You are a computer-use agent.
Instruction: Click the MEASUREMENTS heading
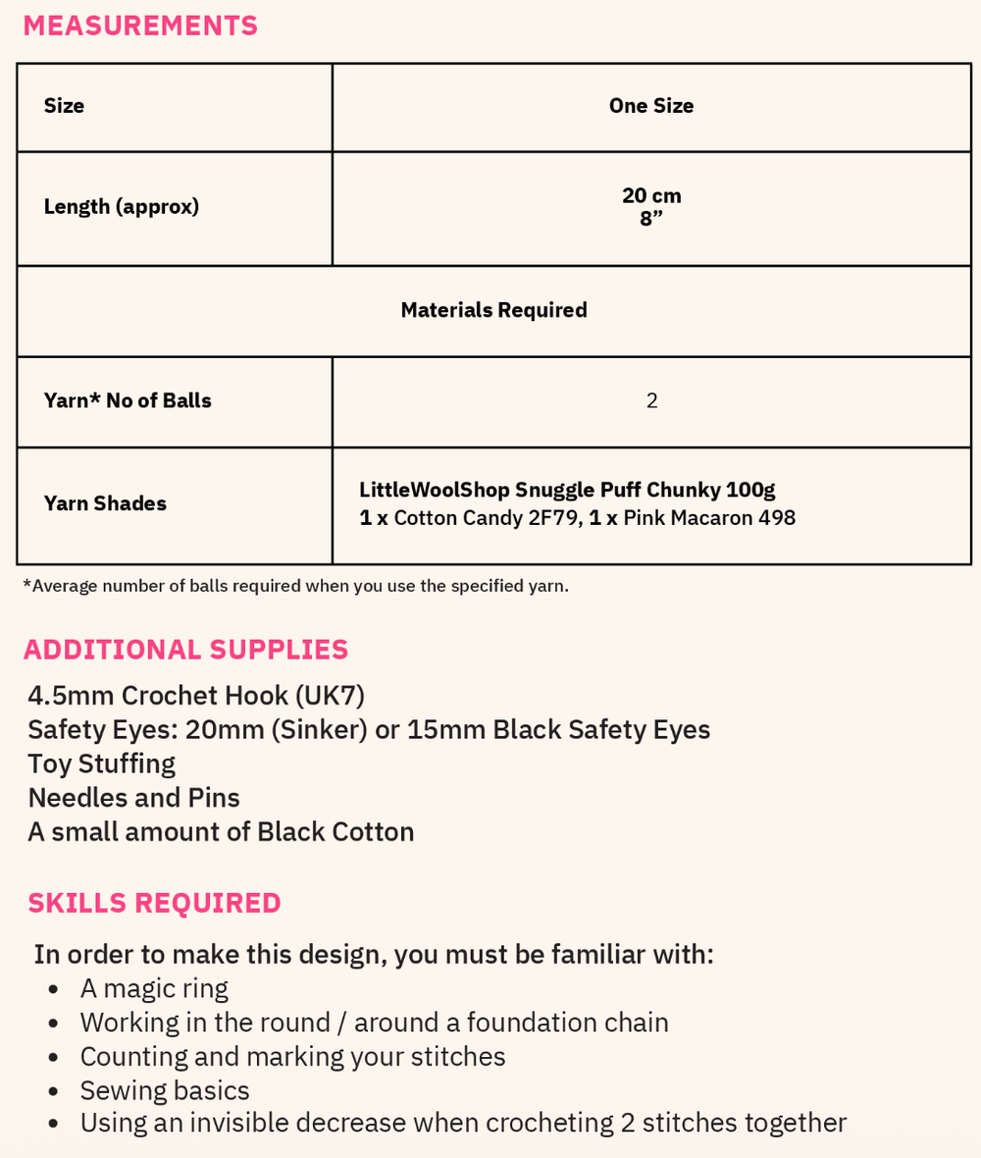[x=140, y=26]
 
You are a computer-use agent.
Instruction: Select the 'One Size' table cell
[x=650, y=106]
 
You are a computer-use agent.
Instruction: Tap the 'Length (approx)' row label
[x=122, y=207]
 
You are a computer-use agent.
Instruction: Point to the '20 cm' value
[x=651, y=195]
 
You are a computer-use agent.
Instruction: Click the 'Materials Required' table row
[x=493, y=310]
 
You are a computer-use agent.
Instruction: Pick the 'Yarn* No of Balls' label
[x=128, y=400]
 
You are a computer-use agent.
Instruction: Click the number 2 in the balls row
[x=651, y=400]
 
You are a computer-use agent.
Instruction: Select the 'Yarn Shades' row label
[x=105, y=503]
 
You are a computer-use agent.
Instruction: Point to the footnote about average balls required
[x=295, y=586]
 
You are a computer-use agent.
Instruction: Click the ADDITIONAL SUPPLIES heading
[x=185, y=650]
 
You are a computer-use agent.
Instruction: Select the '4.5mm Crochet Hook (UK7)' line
[x=196, y=696]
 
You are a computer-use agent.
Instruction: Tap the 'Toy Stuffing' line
[x=101, y=763]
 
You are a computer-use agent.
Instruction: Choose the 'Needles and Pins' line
[x=133, y=797]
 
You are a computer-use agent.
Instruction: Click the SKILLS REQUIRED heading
[x=154, y=903]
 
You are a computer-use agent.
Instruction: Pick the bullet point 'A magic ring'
[x=154, y=988]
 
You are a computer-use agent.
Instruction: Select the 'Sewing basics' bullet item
[x=165, y=1090]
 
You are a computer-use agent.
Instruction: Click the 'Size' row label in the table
[x=64, y=106]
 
